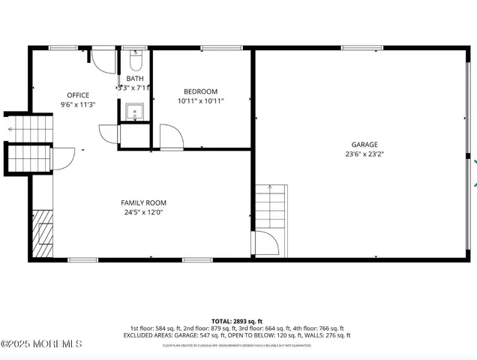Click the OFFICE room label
[78, 95]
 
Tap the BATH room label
[135, 79]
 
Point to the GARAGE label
[364, 145]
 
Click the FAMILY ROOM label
[143, 202]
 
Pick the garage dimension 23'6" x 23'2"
[364, 154]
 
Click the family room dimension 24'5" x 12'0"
[143, 212]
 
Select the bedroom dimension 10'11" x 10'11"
[200, 100]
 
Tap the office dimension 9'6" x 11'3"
[78, 105]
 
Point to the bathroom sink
[136, 112]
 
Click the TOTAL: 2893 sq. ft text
[237, 320]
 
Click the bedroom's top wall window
[217, 48]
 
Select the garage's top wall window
[361, 48]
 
